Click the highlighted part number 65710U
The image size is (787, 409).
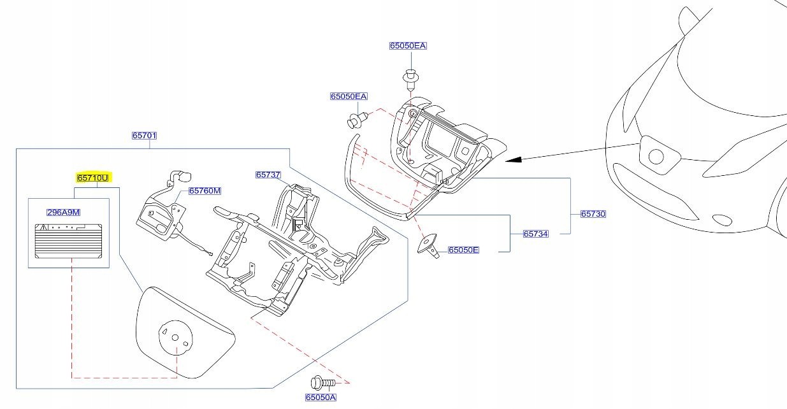93,178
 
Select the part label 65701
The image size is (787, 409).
144,136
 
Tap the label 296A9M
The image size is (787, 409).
63,213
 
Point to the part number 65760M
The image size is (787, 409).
204,191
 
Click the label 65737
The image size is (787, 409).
268,175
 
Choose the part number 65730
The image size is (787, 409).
593,214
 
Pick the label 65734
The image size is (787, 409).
535,234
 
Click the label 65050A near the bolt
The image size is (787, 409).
320,398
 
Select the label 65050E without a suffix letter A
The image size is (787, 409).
463,250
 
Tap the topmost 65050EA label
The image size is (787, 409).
408,46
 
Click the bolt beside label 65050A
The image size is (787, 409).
322,383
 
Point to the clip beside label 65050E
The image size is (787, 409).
430,246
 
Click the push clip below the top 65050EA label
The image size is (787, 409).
410,78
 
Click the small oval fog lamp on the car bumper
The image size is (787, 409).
722,220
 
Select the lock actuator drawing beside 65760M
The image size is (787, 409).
161,213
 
